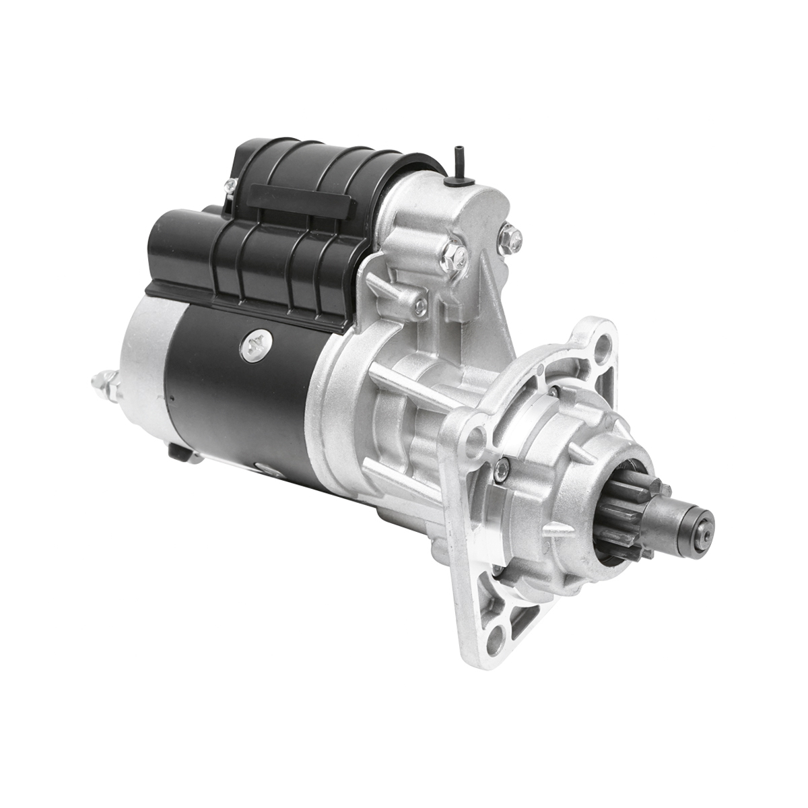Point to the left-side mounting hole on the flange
(477, 431)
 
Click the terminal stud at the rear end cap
(106, 384)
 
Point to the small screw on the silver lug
(419, 304)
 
